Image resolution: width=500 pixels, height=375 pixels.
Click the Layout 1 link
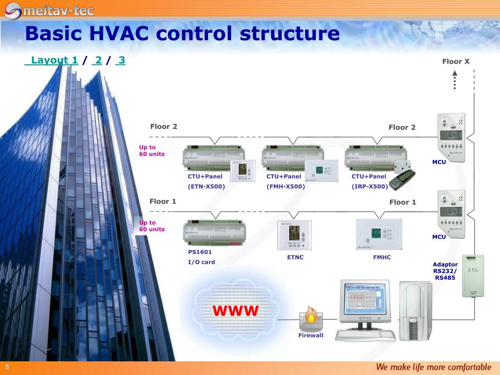(51, 61)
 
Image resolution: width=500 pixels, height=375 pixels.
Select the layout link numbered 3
(121, 61)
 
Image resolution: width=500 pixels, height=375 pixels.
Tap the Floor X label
(456, 62)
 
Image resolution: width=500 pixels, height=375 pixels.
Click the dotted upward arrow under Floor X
(455, 81)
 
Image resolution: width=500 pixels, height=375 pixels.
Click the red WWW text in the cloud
(235, 311)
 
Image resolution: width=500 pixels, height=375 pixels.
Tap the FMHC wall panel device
(379, 235)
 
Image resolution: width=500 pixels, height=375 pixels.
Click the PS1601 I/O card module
(214, 233)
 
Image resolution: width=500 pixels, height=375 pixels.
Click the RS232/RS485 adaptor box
(473, 275)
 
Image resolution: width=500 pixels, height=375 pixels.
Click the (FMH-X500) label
(286, 187)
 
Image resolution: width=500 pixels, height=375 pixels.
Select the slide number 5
(8, 367)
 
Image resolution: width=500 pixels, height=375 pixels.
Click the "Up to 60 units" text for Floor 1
(152, 226)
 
